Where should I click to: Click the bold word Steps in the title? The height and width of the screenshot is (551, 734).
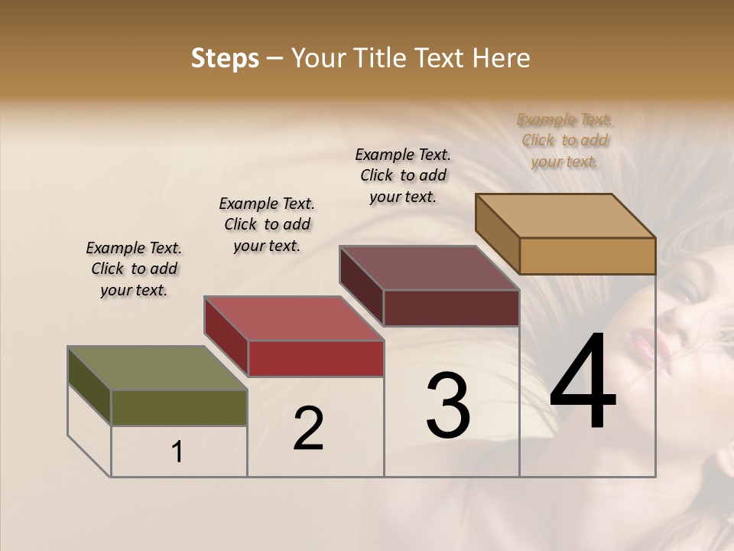pyautogui.click(x=224, y=58)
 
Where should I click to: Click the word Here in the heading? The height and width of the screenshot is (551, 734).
pyautogui.click(x=502, y=58)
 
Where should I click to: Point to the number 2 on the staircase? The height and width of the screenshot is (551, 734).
pyautogui.click(x=308, y=429)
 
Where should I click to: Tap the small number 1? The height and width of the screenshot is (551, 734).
pyautogui.click(x=177, y=452)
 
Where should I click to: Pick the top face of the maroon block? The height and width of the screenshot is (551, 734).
pyautogui.click(x=429, y=268)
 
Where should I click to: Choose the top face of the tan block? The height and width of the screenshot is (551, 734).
pyautogui.click(x=565, y=216)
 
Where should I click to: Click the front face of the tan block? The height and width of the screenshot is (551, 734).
pyautogui.click(x=587, y=256)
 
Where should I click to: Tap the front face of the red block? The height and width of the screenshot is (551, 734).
pyautogui.click(x=316, y=358)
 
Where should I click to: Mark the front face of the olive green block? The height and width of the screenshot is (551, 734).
pyautogui.click(x=179, y=407)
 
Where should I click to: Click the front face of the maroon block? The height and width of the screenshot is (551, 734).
pyautogui.click(x=451, y=308)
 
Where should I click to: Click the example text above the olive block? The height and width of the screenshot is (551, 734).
pyautogui.click(x=134, y=269)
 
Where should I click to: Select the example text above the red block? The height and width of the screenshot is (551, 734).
pyautogui.click(x=267, y=225)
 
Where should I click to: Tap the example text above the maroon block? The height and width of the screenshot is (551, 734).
pyautogui.click(x=403, y=175)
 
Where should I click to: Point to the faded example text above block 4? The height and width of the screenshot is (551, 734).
pyautogui.click(x=565, y=141)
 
